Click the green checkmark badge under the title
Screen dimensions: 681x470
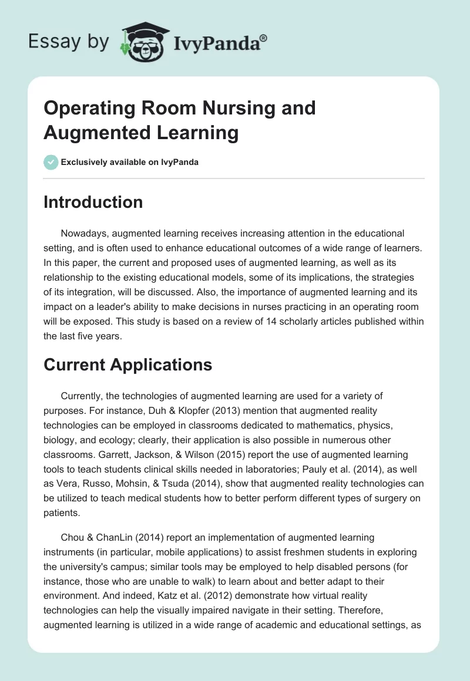pos(51,162)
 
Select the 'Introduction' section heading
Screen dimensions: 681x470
pos(93,202)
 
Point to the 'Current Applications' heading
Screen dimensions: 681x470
pos(127,365)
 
